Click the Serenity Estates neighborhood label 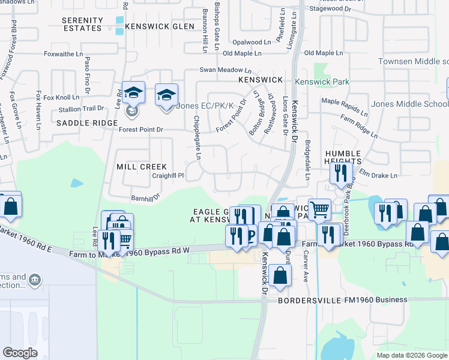[82, 24]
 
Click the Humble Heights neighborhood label [343, 157]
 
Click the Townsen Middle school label [413, 62]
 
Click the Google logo [20, 353]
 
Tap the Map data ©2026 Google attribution [412, 355]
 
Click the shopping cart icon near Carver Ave [320, 210]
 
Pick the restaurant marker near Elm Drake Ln [339, 174]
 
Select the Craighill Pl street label [167, 175]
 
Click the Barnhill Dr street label [145, 197]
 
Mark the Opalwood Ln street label [252, 43]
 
